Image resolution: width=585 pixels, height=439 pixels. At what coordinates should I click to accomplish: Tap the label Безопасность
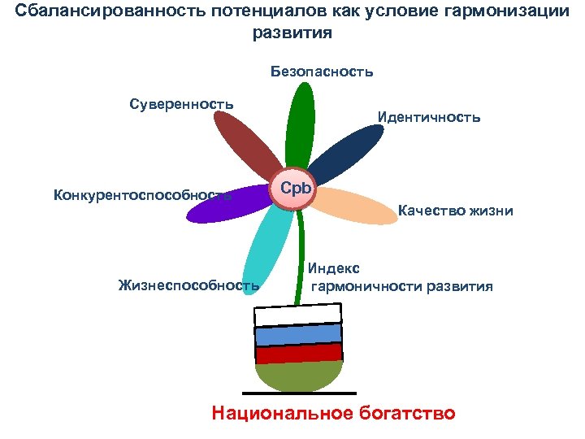323,72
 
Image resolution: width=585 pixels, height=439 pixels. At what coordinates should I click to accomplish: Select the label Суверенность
181,104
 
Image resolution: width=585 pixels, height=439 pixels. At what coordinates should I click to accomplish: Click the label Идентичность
429,117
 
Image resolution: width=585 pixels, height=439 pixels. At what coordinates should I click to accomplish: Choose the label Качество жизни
455,211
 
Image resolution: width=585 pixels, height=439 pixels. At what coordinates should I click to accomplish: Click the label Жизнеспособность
188,285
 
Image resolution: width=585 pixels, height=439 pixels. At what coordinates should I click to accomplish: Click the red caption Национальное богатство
333,412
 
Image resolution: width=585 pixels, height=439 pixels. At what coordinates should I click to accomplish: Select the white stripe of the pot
297,315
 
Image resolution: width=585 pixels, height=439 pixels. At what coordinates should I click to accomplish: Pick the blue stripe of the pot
298,335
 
